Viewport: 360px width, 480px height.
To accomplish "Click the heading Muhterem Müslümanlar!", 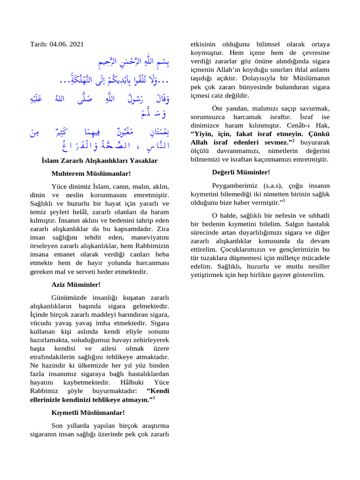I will pos(91,174).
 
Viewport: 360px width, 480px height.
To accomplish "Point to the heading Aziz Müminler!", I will pos(75,285).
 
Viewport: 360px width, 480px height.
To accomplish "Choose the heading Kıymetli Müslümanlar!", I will pos(88,413).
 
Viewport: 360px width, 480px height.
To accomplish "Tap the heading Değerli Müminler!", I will pos(241,172).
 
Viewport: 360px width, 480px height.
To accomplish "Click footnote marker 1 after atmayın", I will pos(154,398).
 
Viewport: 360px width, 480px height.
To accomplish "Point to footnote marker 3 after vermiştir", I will pos(284,200).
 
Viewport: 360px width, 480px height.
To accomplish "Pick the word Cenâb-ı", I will pos(298,126).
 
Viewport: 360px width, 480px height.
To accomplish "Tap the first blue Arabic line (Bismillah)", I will pos(132,62).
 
